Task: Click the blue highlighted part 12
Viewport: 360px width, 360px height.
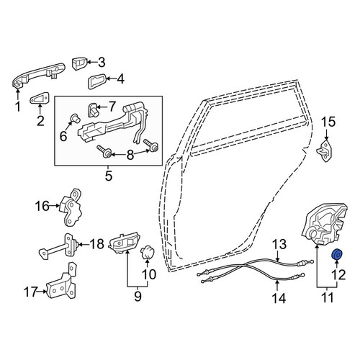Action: [337, 255]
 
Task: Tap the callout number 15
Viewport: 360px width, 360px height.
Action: [328, 122]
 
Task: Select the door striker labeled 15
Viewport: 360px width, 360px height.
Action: [325, 151]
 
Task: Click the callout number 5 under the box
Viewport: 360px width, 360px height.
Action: [109, 176]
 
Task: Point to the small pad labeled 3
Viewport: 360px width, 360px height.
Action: [79, 64]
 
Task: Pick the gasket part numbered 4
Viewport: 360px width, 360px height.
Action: [96, 81]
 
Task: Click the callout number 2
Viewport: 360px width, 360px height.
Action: [40, 121]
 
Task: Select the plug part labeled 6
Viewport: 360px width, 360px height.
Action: [75, 118]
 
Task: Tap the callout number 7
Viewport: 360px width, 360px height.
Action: [112, 107]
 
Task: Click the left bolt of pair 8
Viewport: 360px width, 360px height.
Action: [104, 151]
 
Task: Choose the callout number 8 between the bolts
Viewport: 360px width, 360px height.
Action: [130, 155]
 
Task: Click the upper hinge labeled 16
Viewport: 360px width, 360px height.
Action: [71, 207]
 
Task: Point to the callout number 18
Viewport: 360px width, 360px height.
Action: [96, 244]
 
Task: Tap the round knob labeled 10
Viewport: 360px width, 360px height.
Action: [148, 253]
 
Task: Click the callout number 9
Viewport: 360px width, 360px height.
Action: [138, 297]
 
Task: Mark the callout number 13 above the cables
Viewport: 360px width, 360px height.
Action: [279, 244]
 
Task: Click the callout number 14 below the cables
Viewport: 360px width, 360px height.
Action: [279, 299]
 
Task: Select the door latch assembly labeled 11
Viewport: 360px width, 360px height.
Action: [324, 225]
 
